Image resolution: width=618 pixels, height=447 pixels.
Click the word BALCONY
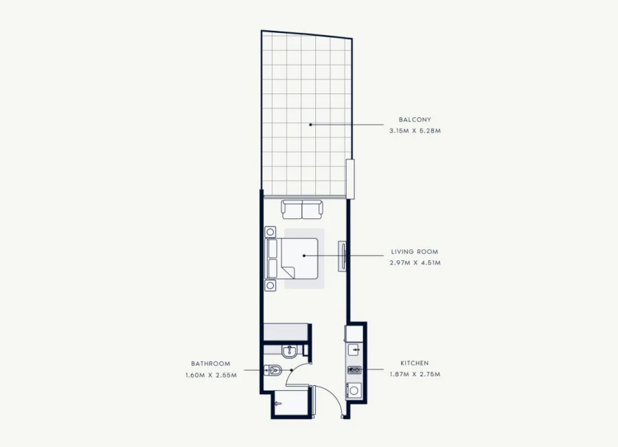pos(415,119)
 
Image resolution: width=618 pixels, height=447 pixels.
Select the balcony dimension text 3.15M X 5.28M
pos(415,130)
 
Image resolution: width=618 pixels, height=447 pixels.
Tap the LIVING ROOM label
pos(415,251)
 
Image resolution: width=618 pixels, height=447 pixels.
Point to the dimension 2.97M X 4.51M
pos(415,262)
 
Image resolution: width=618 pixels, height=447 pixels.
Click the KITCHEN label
pos(415,363)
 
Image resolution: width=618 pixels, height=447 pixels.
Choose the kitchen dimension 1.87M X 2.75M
pos(415,374)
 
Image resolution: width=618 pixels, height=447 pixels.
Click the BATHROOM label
pos(211,363)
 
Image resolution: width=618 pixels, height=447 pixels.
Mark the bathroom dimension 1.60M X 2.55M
pos(211,375)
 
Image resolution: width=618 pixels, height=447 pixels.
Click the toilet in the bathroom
pos(273,369)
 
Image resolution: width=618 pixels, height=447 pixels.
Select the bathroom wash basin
pos(289,350)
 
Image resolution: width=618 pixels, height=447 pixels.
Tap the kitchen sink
pos(354,349)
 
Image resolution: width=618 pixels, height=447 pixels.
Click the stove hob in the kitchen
pos(354,370)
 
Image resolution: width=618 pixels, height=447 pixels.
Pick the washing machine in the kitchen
pos(354,391)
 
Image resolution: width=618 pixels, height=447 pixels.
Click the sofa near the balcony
pos(302,209)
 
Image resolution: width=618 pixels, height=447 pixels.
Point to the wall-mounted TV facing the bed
pos(342,256)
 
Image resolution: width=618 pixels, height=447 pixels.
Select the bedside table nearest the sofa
pos(270,232)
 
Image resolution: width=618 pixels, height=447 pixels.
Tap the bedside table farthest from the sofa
pos(270,286)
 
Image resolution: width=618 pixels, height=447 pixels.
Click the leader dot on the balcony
pos(310,124)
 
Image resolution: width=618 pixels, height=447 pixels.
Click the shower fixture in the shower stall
pos(278,404)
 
